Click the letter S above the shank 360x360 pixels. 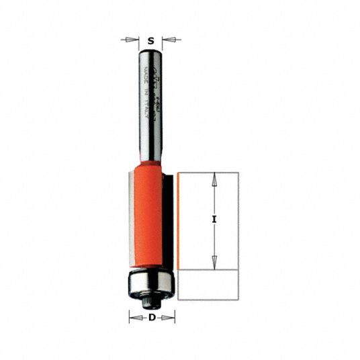click(150, 40)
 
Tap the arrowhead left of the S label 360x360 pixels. click(132, 40)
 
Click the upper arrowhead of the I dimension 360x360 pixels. click(214, 177)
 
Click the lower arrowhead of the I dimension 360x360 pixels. click(214, 263)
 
